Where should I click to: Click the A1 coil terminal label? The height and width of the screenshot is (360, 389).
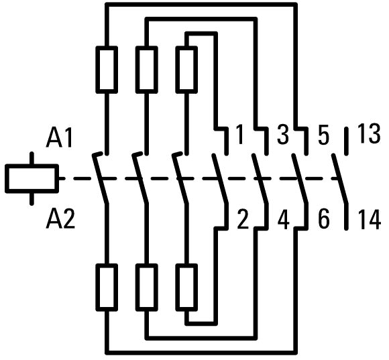click(59, 137)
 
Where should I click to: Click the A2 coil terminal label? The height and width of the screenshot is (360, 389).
click(60, 219)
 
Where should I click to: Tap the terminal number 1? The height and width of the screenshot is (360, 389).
click(239, 134)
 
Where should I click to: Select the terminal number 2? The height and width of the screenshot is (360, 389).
click(243, 219)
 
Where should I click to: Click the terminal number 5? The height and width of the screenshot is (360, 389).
click(323, 135)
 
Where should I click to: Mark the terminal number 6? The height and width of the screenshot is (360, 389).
click(324, 219)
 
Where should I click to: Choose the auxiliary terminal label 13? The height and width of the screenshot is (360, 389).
click(369, 133)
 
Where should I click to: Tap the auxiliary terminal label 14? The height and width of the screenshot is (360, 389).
click(370, 219)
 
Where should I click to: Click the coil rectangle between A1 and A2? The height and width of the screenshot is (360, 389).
click(32, 178)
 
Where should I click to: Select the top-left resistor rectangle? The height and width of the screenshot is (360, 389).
click(107, 70)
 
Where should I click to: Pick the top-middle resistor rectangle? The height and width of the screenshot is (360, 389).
click(146, 70)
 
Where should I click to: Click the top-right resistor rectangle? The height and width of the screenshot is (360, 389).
click(186, 70)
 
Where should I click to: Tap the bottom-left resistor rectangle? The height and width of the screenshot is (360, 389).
click(107, 288)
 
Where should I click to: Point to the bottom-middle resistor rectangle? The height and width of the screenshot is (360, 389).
click(146, 288)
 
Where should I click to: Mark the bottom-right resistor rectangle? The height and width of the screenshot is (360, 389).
click(186, 288)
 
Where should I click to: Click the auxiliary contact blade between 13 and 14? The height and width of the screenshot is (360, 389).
click(340, 179)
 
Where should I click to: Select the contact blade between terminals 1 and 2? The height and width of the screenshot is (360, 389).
click(220, 179)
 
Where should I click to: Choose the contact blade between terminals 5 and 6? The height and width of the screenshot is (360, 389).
click(300, 179)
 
